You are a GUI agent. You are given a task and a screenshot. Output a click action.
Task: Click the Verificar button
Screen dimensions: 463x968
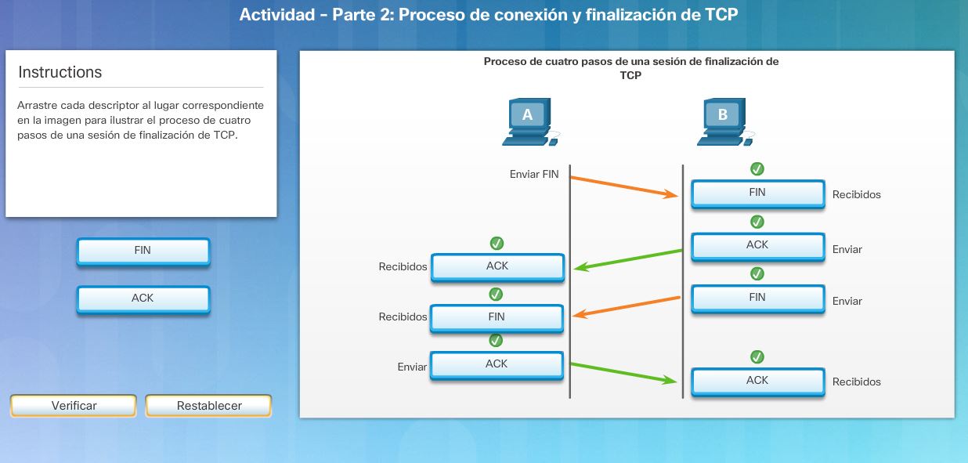74,406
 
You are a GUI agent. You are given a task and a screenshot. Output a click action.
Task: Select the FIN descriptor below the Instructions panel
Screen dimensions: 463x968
143,251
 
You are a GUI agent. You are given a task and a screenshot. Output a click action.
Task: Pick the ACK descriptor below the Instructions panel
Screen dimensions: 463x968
143,298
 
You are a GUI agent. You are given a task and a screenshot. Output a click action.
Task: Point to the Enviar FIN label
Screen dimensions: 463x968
534,175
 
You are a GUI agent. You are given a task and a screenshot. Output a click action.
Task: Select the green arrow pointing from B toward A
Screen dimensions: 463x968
628,259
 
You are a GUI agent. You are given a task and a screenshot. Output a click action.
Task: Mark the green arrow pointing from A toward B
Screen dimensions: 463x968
623,373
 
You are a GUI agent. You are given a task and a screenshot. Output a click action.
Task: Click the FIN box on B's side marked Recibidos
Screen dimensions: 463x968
757,194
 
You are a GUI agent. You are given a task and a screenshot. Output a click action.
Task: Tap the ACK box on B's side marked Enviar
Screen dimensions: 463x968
757,245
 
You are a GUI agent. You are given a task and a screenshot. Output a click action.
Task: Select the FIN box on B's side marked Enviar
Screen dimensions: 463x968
757,298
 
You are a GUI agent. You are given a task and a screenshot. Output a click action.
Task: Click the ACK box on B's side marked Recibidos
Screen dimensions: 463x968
757,381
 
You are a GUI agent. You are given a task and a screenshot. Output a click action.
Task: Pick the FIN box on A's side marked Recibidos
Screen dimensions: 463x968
497,317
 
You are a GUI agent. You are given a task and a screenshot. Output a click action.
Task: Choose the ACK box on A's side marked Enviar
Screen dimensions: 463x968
497,364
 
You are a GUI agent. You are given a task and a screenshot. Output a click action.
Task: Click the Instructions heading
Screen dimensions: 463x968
60,72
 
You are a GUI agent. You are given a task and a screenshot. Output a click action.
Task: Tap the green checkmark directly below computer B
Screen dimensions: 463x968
757,168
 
